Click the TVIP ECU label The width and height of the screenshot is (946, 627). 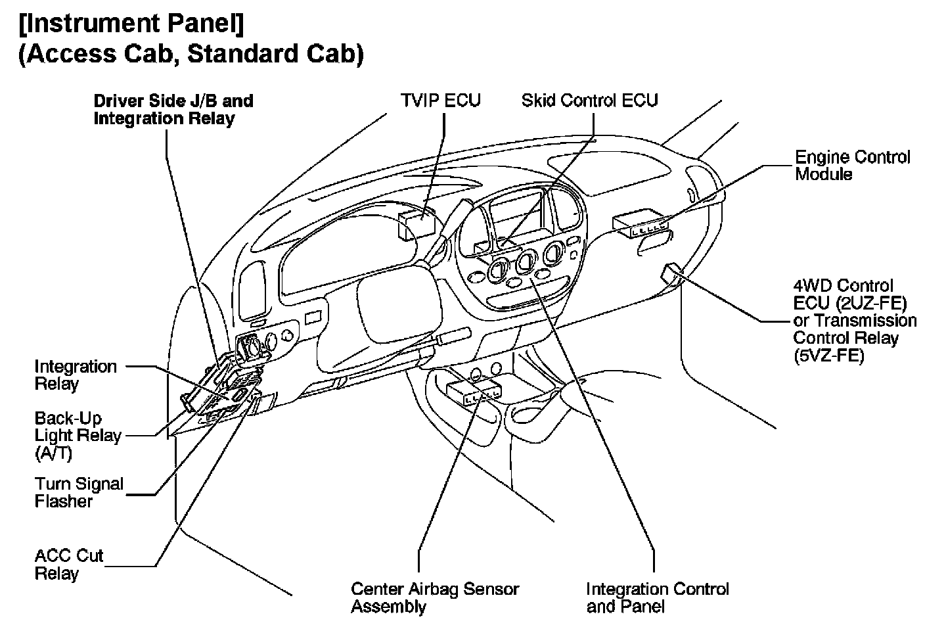click(x=440, y=101)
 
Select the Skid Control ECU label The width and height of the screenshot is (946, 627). click(x=589, y=101)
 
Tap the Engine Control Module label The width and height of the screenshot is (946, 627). click(x=852, y=166)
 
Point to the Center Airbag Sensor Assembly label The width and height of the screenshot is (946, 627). click(x=434, y=597)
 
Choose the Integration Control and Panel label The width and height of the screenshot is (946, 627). click(x=657, y=597)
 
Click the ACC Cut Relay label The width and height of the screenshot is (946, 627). click(x=68, y=565)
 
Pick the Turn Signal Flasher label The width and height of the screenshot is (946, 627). click(x=79, y=492)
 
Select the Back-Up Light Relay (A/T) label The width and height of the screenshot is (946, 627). click(x=78, y=436)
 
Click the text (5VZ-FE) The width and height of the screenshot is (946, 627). click(x=829, y=356)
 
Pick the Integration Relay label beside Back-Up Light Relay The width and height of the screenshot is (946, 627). click(x=75, y=375)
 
